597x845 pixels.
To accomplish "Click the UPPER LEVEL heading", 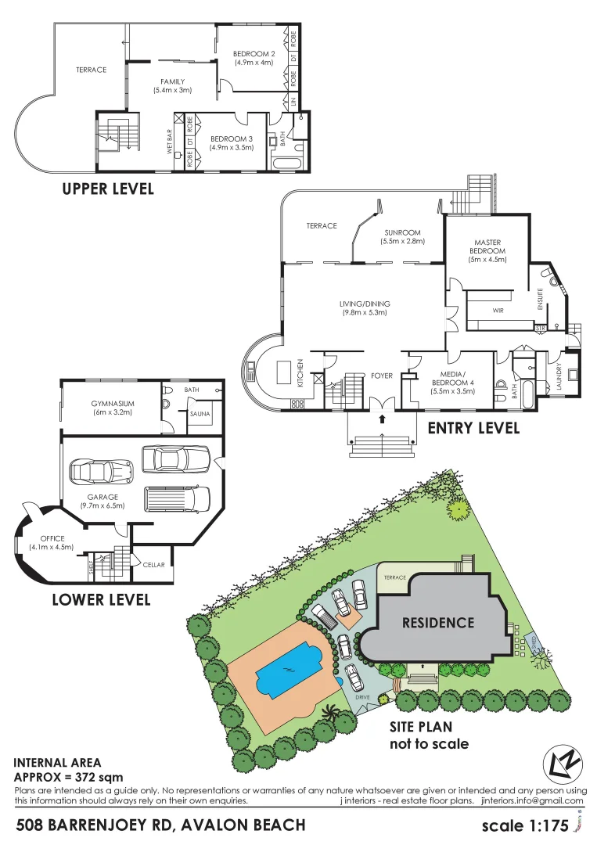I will coord(108,189).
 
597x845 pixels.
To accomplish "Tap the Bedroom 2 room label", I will coord(253,58).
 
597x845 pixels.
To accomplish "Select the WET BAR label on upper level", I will coord(170,142).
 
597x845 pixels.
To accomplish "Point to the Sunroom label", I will coord(402,237).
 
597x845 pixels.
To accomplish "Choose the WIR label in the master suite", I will coord(498,311).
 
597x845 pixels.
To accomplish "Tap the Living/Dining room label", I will coord(365,307).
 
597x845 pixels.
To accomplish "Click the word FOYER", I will coord(382,376).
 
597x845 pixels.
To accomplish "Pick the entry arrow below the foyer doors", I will coord(382,418).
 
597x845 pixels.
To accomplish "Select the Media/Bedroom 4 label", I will coord(453,386).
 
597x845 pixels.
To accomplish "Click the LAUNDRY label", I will coord(559,376).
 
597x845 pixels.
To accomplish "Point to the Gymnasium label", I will coord(113,407).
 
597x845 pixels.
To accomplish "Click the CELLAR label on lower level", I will coord(153,565).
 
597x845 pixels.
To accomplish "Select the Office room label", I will coord(52,542).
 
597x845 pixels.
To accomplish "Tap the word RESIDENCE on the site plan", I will coord(438,623).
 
